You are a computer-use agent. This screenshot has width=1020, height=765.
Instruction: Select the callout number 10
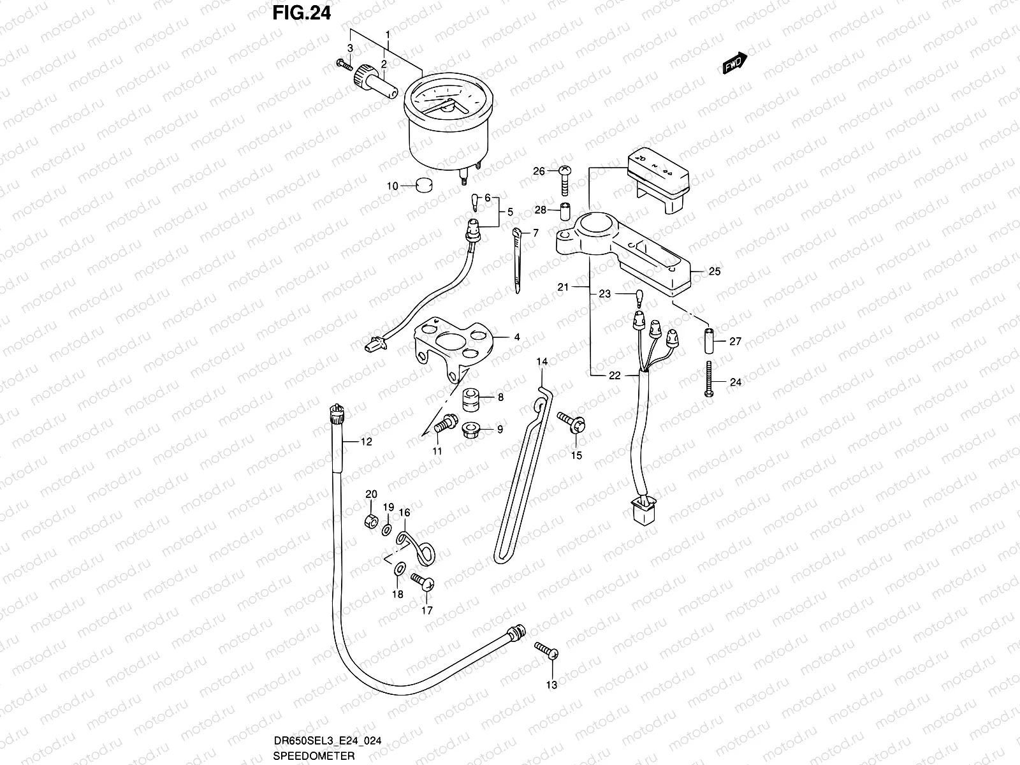[391, 186]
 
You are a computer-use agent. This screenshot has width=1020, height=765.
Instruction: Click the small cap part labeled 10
[424, 186]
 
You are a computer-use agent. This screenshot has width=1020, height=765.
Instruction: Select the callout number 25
[715, 272]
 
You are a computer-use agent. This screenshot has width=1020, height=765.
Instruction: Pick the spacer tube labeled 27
[708, 342]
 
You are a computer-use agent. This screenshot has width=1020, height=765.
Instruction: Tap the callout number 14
[541, 362]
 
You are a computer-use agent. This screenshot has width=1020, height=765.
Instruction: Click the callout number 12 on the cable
[366, 441]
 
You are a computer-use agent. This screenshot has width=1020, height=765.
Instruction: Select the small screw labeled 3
[344, 64]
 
